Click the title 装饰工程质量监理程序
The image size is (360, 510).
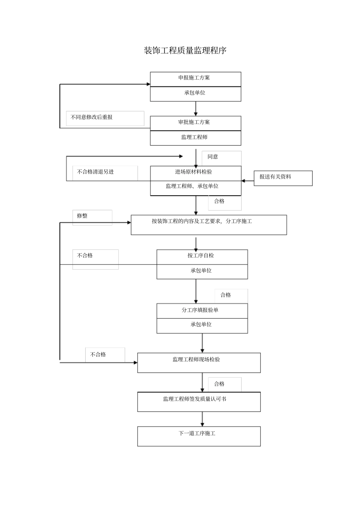(185, 50)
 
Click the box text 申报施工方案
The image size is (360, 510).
(194, 78)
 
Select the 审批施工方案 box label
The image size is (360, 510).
(194, 122)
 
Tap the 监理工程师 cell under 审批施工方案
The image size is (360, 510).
(194, 137)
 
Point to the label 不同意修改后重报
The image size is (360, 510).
(91, 117)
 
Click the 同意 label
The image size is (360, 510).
(213, 157)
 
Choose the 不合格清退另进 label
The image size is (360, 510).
(95, 172)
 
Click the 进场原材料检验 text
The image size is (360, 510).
(193, 172)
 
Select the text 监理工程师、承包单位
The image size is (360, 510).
(192, 186)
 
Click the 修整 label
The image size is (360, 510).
(82, 216)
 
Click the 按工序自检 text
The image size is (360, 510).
(200, 256)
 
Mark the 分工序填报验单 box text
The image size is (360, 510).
(200, 310)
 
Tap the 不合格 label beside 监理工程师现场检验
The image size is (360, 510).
(98, 355)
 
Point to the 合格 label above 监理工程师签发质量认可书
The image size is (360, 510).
(219, 384)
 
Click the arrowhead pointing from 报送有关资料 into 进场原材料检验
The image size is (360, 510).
(244, 181)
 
